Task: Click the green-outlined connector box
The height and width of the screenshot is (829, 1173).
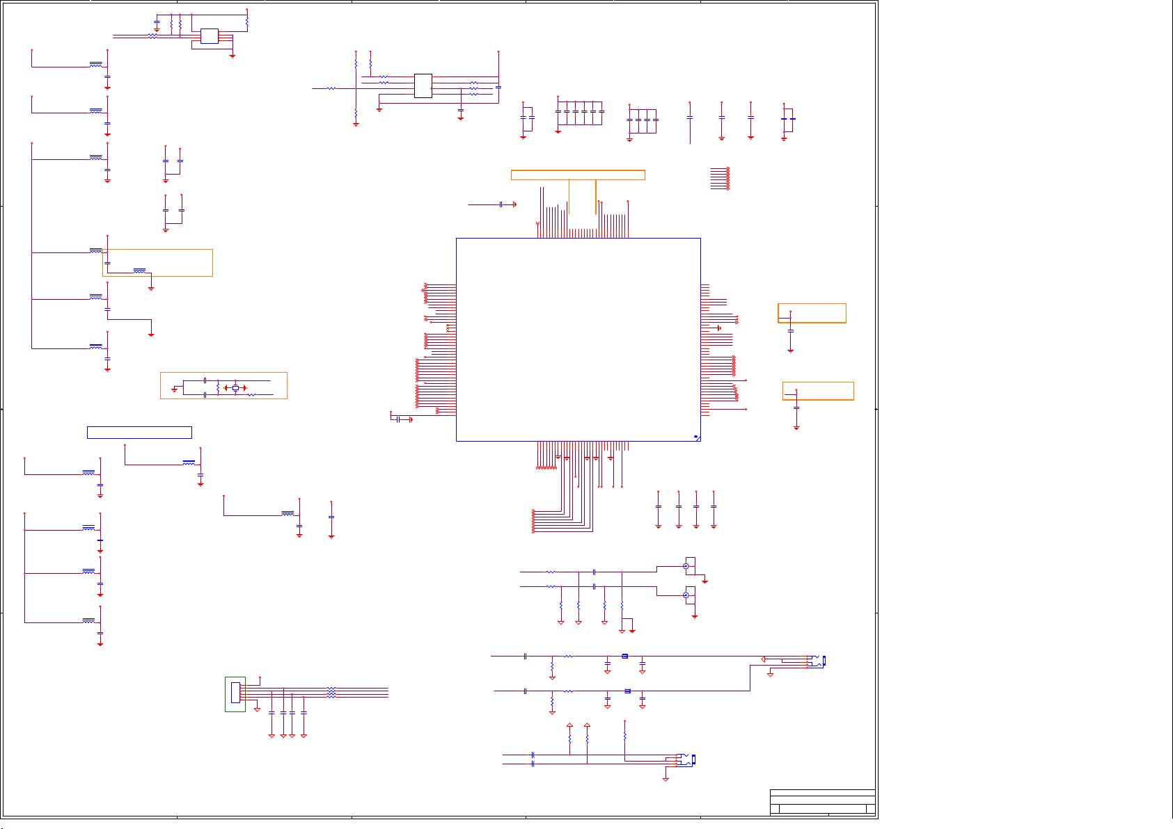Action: [x=235, y=693]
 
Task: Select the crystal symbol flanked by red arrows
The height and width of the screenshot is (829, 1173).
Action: [x=235, y=387]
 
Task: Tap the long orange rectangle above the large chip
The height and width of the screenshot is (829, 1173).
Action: [x=578, y=175]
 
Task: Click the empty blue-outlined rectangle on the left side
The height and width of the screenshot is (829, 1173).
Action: [x=139, y=433]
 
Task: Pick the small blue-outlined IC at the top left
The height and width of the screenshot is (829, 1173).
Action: [x=210, y=36]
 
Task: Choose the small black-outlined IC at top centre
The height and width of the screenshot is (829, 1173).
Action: [x=423, y=86]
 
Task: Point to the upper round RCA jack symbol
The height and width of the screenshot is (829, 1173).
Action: [x=686, y=567]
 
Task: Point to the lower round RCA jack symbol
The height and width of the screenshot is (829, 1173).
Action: [x=686, y=595]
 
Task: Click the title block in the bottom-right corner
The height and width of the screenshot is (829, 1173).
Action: [x=822, y=802]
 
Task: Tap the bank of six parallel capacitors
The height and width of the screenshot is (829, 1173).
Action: [x=579, y=111]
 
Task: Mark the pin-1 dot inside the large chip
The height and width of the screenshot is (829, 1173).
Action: [x=695, y=437]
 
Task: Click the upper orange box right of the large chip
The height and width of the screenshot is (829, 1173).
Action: [x=812, y=313]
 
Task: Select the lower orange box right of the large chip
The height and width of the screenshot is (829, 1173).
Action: [x=818, y=391]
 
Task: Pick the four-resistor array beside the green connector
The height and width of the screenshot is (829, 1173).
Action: [x=331, y=693]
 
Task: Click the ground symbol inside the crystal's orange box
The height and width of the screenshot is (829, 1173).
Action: [x=175, y=389]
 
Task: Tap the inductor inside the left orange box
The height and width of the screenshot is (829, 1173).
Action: [x=139, y=269]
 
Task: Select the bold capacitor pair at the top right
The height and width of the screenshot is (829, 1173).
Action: [x=788, y=119]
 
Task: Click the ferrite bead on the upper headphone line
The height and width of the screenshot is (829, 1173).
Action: [x=624, y=656]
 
